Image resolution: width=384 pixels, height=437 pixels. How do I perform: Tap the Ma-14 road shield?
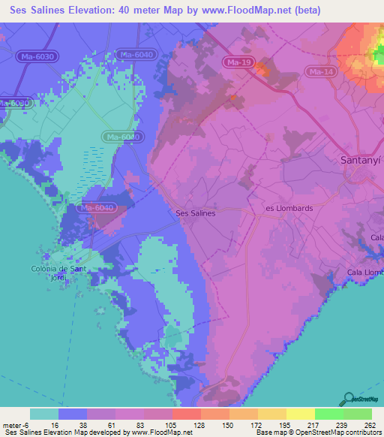pyautogui.click(x=320, y=71)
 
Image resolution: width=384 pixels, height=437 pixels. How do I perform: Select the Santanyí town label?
pyautogui.click(x=355, y=160)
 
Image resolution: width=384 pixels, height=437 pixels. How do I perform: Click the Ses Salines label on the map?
pyautogui.click(x=195, y=213)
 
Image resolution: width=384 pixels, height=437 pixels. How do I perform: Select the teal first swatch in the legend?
pyautogui.click(x=43, y=414)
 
